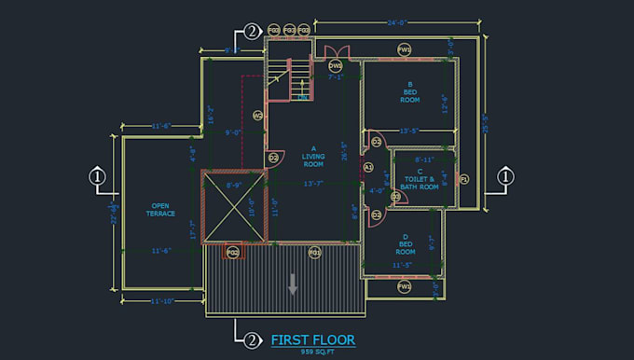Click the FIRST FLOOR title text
point(312,340)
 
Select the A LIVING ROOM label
point(313,156)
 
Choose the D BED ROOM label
point(405,244)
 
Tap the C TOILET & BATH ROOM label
point(420,178)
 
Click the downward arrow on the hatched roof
point(293,284)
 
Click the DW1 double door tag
point(336,65)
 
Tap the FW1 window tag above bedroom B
point(405,49)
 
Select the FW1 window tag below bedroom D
point(405,287)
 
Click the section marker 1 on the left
point(96,175)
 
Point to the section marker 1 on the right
point(504,175)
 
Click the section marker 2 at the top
point(250,31)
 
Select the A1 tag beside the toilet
point(368,168)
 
